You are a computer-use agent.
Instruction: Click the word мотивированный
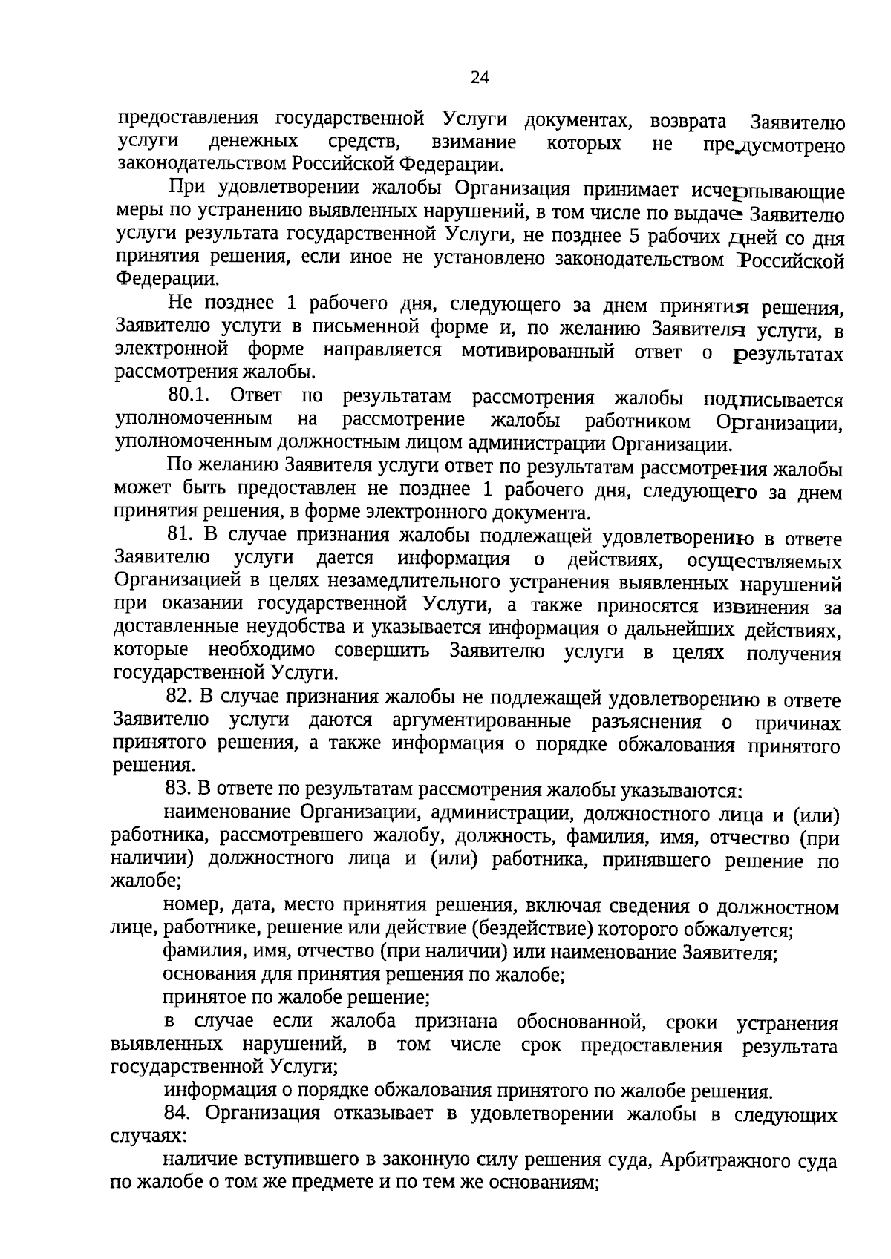538,352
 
